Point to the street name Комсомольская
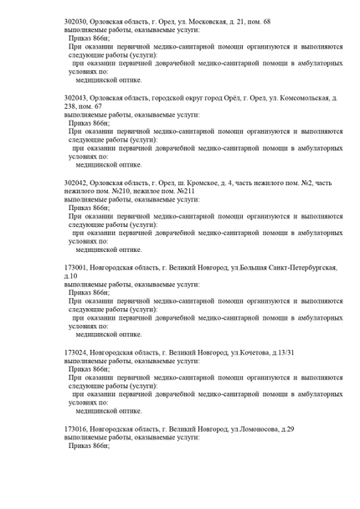[x=298, y=99]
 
